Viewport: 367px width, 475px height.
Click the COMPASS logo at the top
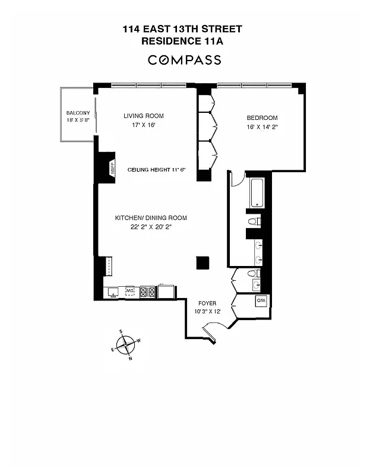click(184, 60)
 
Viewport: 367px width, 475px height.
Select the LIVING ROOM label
click(144, 116)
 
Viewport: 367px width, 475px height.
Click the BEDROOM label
click(262, 118)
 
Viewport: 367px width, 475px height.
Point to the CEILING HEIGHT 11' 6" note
click(157, 170)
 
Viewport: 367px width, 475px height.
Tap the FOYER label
click(207, 303)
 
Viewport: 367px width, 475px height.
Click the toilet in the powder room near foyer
click(252, 274)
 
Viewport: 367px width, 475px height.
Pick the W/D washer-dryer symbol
click(261, 301)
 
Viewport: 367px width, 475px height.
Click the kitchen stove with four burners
click(147, 292)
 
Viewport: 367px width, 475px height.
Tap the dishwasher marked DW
click(131, 291)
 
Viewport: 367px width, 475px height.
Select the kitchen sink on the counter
click(112, 292)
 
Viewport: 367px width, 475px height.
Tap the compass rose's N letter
click(131, 358)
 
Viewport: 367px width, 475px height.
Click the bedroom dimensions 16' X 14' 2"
click(262, 126)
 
